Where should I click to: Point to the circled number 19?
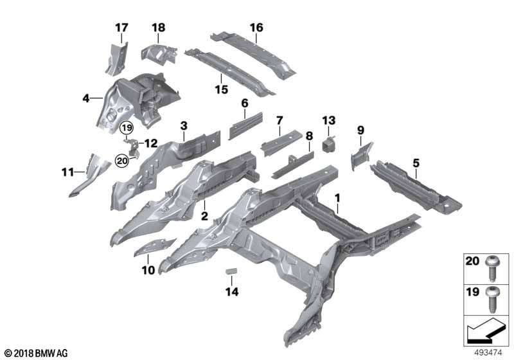click(x=128, y=128)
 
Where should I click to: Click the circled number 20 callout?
click(x=122, y=161)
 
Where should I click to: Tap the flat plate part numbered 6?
click(x=245, y=124)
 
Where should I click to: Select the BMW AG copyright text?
click(x=36, y=353)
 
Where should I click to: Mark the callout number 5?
click(x=417, y=163)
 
